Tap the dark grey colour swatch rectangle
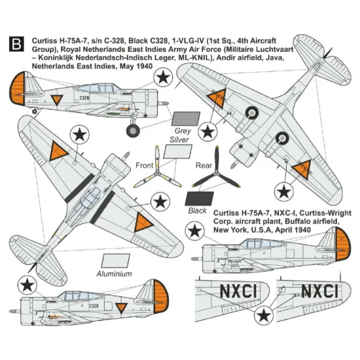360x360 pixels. [x=180, y=118]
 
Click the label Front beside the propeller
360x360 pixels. [x=145, y=166]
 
